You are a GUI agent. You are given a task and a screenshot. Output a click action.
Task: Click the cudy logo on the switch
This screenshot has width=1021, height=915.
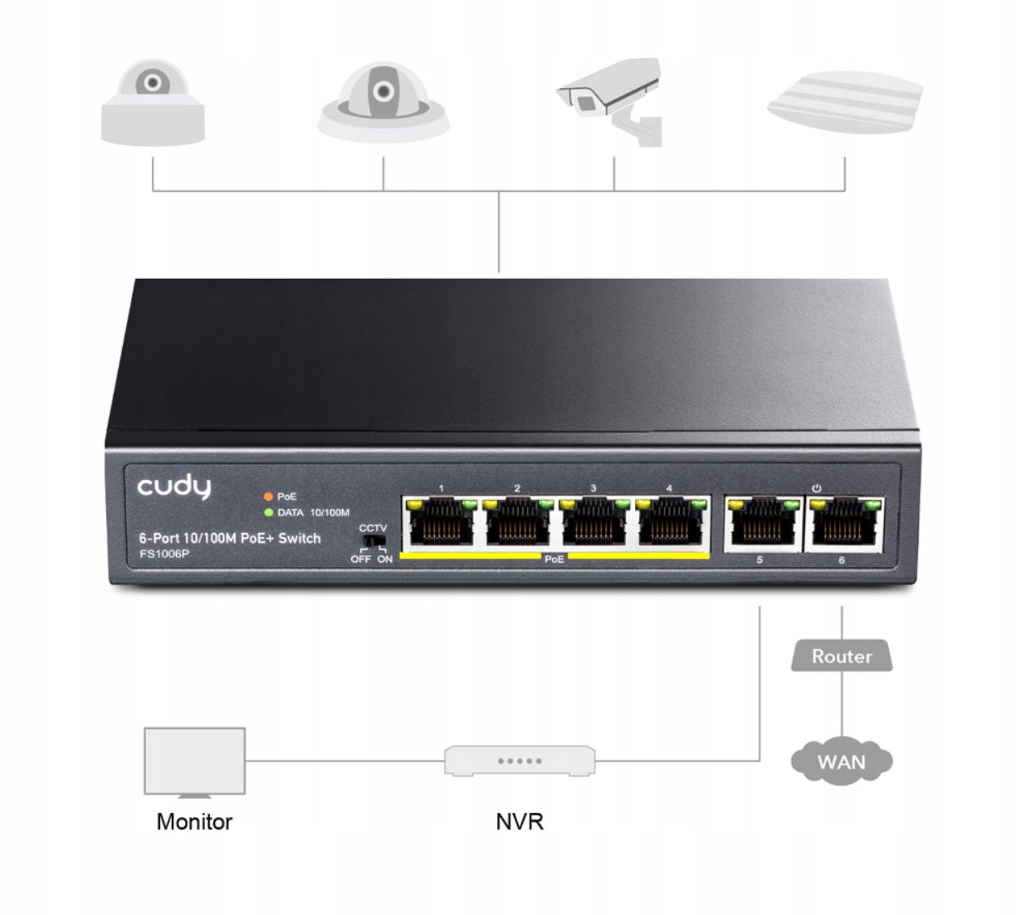coord(174,487)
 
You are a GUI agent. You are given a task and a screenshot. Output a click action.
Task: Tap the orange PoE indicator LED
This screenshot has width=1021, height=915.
coord(268,497)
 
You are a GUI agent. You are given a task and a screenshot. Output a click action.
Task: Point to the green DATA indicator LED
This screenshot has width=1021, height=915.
coord(268,512)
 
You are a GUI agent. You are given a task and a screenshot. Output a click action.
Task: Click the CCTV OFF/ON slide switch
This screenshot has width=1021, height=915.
coord(373,542)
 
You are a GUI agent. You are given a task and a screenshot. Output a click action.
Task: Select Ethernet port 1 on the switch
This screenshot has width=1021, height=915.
coord(438,522)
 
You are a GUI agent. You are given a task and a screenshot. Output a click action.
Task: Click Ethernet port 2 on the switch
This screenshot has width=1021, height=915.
coord(516,522)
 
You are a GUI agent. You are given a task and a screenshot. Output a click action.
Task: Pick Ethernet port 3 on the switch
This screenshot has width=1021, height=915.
coord(592,522)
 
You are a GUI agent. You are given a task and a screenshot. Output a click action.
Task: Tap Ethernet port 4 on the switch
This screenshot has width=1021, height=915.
coord(668,522)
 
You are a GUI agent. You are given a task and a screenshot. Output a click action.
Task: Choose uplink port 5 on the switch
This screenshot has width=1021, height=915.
coord(760,524)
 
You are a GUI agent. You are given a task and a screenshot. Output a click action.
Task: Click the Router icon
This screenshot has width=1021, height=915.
coord(841,656)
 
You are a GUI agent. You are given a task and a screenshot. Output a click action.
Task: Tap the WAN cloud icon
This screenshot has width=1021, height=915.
coord(841,761)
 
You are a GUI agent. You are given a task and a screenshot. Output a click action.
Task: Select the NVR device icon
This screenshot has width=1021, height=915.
coord(520,761)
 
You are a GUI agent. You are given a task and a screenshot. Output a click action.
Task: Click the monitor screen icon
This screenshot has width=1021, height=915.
coord(194,761)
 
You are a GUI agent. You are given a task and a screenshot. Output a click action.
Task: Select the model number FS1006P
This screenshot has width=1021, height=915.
coord(164,554)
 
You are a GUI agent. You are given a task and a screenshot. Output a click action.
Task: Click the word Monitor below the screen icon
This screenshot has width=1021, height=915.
coord(194,822)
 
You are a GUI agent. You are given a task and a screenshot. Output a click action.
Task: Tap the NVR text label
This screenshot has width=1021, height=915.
coord(520,822)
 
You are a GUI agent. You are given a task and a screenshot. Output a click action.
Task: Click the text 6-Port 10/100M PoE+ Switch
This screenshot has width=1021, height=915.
coord(229,538)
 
